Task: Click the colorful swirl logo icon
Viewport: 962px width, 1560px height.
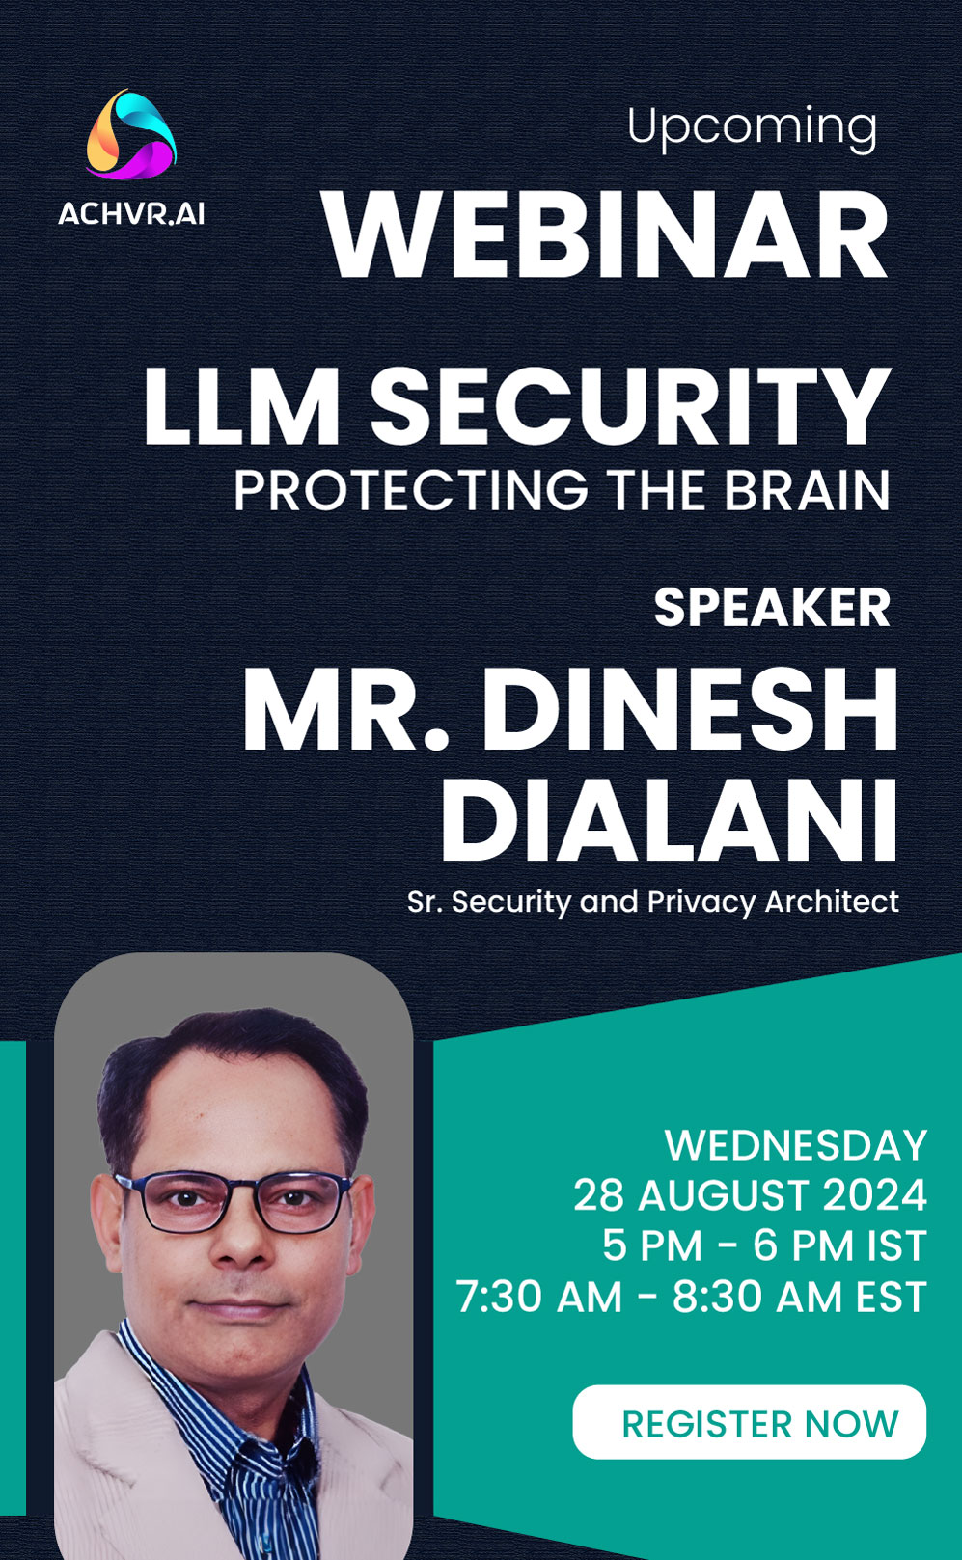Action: (x=131, y=134)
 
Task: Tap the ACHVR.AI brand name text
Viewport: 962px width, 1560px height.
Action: (x=131, y=213)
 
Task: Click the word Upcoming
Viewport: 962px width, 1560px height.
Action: (x=752, y=129)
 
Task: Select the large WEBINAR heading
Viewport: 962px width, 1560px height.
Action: (x=605, y=234)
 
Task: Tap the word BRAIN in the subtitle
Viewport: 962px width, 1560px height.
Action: (x=806, y=490)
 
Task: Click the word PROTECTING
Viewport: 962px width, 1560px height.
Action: (x=411, y=490)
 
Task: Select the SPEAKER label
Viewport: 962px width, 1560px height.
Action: (x=772, y=607)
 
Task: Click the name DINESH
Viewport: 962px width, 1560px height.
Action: (x=690, y=710)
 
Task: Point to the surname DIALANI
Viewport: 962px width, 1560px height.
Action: (x=669, y=820)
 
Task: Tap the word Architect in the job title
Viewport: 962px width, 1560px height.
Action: (x=832, y=902)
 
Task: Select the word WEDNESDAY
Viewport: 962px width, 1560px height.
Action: (x=795, y=1145)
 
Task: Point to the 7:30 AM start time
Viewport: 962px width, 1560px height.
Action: (x=538, y=1297)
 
